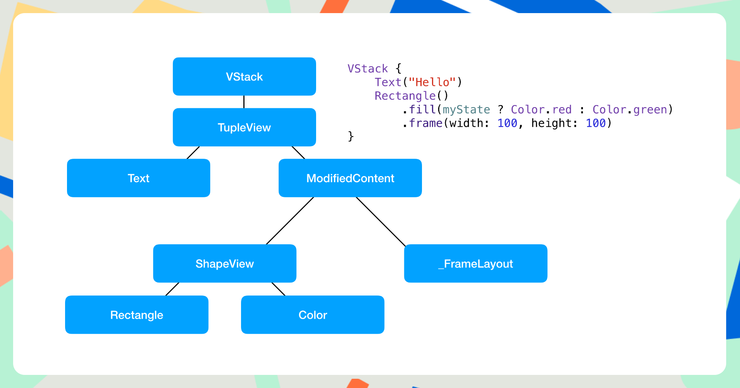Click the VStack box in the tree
244,77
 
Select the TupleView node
244,127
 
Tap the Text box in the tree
138,178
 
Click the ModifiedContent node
350,178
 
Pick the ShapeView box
224,264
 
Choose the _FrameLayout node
475,264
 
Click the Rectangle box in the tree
137,315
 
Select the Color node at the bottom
312,315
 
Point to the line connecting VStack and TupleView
244,102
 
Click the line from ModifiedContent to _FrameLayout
380,221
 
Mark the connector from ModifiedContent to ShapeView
290,221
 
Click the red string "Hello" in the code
432,82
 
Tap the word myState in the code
466,109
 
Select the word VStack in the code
368,69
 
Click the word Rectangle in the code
405,96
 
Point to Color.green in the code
630,109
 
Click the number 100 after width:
507,123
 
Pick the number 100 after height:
595,123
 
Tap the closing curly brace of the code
350,136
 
